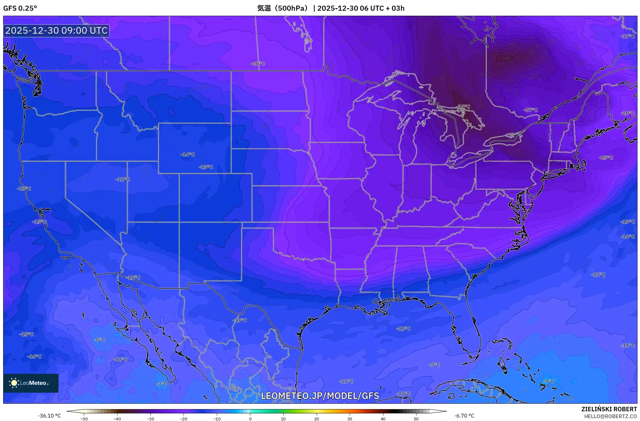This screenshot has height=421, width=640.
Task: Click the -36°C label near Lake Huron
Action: point(463,107)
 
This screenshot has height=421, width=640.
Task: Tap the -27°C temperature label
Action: point(531,110)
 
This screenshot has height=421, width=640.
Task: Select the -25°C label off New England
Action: point(606,158)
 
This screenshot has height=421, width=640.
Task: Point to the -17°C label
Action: point(627,36)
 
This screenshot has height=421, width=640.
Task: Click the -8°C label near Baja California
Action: point(99,340)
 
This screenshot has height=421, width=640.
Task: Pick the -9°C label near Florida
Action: point(434,365)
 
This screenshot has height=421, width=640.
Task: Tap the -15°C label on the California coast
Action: point(39,222)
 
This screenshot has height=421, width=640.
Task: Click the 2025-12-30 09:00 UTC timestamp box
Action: point(56,31)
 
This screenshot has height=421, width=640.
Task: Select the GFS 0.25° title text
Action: point(20,8)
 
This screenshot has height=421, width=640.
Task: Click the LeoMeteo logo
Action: point(31,383)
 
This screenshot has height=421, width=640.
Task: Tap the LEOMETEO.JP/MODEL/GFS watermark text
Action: point(320,396)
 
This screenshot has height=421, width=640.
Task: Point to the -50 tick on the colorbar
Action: point(84,419)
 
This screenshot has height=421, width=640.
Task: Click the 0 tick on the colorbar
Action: point(250,419)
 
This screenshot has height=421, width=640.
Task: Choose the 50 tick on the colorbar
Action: point(416,419)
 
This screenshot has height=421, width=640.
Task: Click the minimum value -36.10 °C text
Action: point(49,416)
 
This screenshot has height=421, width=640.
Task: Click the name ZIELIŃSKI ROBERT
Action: point(609,409)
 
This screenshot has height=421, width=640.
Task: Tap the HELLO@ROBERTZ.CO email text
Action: point(610,416)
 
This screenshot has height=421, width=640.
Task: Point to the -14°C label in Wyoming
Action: point(187,154)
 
